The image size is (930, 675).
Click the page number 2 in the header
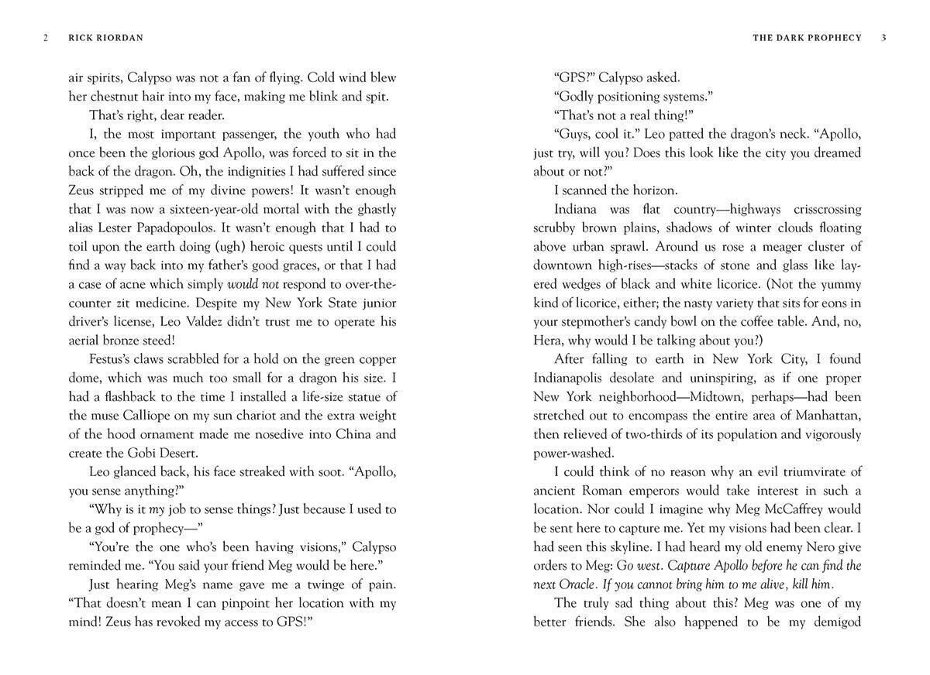[x=46, y=38]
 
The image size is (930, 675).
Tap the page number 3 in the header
[x=884, y=38]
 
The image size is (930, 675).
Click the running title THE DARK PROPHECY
[x=807, y=38]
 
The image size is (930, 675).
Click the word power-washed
[x=573, y=453]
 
